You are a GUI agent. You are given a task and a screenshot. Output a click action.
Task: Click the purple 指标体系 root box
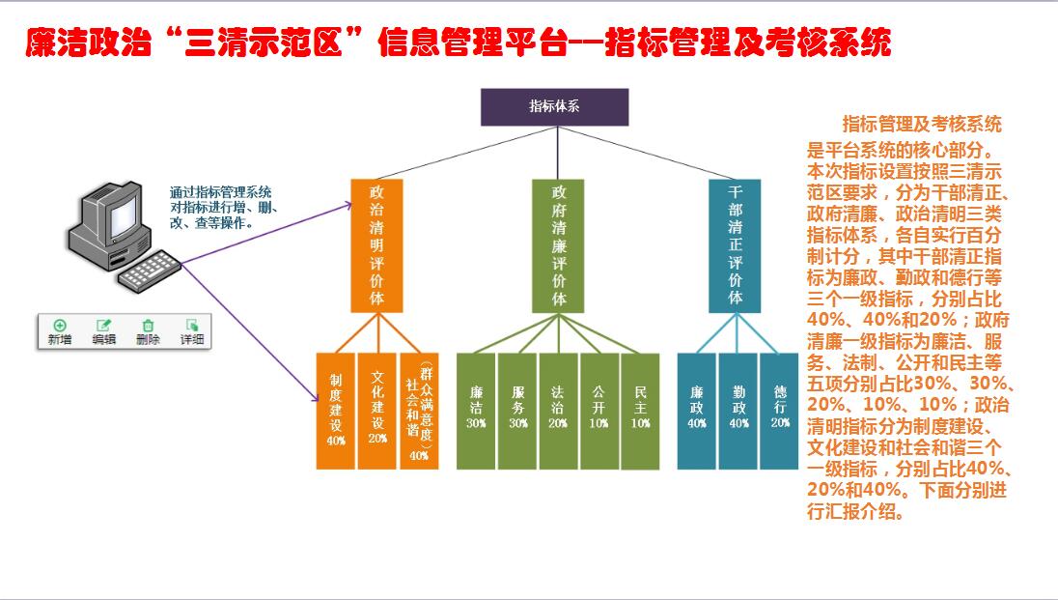click(x=554, y=107)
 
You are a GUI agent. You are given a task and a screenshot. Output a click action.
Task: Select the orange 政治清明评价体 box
click(x=376, y=245)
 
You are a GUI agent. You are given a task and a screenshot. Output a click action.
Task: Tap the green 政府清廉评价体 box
click(x=558, y=245)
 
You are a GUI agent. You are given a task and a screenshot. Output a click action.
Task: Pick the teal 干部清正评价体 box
click(x=735, y=245)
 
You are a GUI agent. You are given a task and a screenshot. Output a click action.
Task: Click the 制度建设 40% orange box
click(x=336, y=411)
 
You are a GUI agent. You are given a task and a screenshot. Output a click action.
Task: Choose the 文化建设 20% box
click(x=377, y=411)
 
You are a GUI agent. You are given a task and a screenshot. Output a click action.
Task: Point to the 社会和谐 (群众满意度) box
click(x=419, y=411)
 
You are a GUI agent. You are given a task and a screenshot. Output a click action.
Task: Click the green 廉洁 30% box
click(x=476, y=411)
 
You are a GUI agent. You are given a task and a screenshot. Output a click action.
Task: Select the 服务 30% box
click(x=517, y=411)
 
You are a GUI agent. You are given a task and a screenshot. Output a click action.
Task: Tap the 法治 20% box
click(x=558, y=411)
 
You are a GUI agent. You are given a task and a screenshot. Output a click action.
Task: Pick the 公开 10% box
click(x=599, y=411)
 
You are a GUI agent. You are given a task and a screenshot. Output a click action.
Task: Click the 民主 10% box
click(x=640, y=411)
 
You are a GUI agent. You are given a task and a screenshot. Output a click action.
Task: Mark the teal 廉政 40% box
click(x=696, y=411)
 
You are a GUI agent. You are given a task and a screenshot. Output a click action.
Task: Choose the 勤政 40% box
click(x=738, y=411)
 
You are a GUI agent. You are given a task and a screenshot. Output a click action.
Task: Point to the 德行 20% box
click(x=780, y=411)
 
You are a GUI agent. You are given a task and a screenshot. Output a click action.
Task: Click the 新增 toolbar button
click(x=60, y=331)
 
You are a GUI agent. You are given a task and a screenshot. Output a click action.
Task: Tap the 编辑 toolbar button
click(x=103, y=331)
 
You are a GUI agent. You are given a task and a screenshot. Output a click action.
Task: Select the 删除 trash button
click(x=148, y=331)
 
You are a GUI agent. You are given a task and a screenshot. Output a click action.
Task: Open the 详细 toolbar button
click(x=192, y=331)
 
